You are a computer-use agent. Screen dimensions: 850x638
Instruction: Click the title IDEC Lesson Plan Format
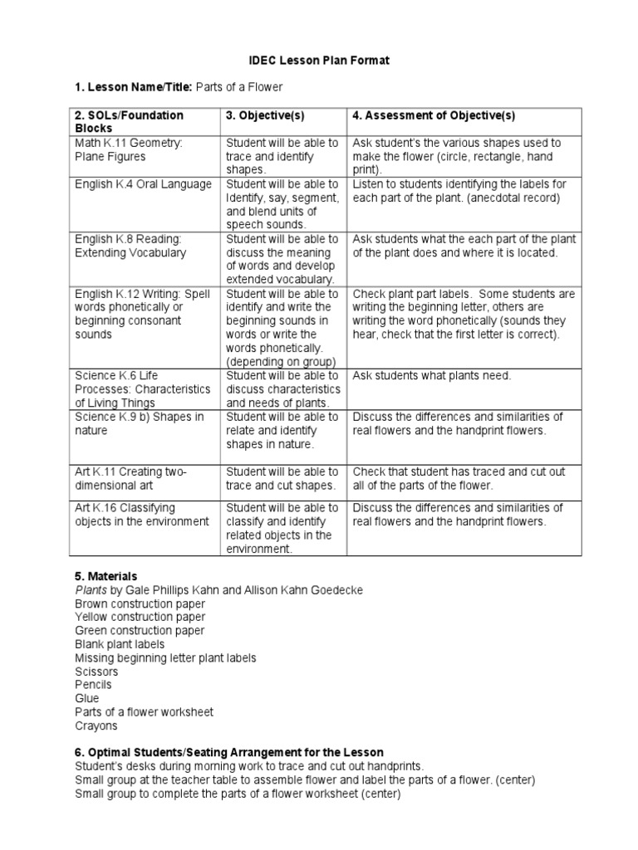pos(319,61)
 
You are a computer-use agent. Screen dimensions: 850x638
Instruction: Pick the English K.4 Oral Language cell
pos(142,184)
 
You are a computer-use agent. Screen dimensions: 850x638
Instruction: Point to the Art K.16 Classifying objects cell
pos(140,515)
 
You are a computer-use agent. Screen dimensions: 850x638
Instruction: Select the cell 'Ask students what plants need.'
pos(432,376)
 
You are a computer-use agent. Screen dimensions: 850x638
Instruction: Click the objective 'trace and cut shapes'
pos(281,486)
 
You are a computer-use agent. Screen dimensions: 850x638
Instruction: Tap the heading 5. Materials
pos(106,575)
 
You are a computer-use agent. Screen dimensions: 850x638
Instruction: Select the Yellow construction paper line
pos(140,617)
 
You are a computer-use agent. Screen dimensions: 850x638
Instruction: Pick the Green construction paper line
pos(139,631)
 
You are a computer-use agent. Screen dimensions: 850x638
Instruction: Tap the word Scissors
pos(96,672)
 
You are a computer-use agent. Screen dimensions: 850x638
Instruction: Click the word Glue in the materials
pos(86,699)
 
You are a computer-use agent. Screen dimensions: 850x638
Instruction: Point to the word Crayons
pos(96,725)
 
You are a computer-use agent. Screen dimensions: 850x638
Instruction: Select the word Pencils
pos(93,685)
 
